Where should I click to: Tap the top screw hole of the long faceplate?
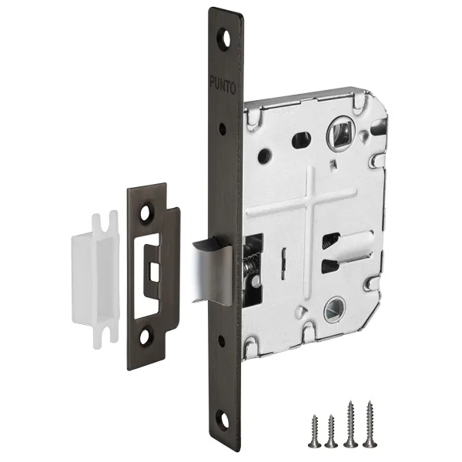tap(225, 39)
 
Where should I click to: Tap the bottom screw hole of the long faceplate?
tap(223, 419)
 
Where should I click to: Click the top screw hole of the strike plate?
tap(146, 213)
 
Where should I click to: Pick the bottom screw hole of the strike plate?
tap(145, 337)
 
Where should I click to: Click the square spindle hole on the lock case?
tap(340, 134)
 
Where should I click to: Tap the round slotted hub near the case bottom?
tap(334, 310)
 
